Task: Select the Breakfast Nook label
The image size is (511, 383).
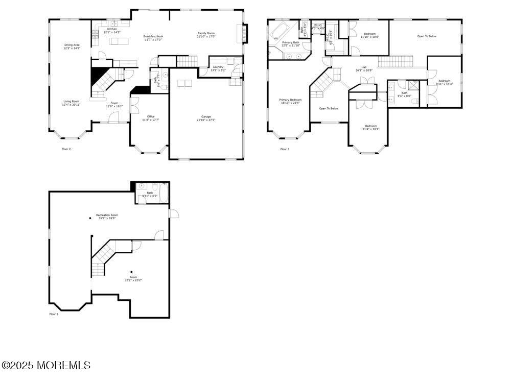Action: click(153, 38)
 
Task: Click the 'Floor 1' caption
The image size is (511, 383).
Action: click(54, 314)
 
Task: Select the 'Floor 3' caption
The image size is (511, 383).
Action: click(285, 149)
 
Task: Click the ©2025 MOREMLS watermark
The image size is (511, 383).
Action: click(46, 365)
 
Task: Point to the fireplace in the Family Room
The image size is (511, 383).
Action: click(245, 34)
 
